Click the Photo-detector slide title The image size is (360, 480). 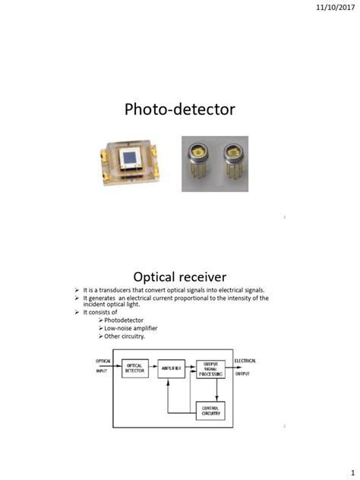[180, 109]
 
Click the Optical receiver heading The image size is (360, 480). [180, 276]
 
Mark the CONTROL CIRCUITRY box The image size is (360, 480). [210, 411]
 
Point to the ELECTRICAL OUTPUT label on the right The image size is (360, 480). [245, 366]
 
